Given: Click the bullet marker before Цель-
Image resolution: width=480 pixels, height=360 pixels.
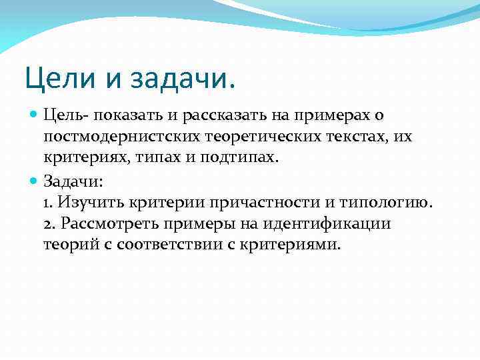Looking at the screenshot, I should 34,115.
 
